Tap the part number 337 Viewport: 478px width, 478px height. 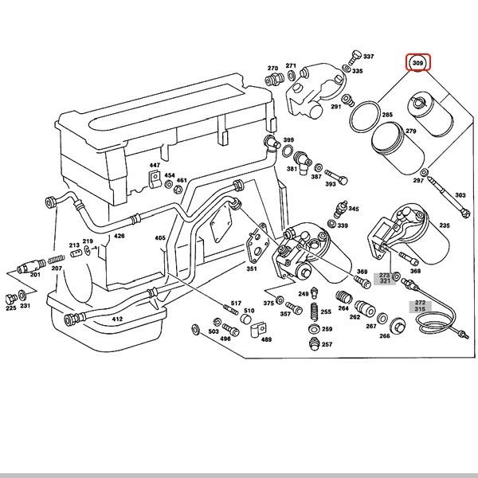click(x=368, y=57)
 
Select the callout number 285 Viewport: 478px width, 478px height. click(x=387, y=116)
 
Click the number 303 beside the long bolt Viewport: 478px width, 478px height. click(x=460, y=195)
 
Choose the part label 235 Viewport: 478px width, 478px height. click(x=444, y=226)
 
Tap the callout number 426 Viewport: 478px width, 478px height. click(x=119, y=237)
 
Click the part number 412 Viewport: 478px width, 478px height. click(x=117, y=319)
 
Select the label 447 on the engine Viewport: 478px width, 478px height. click(x=155, y=165)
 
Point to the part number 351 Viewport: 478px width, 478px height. click(x=252, y=268)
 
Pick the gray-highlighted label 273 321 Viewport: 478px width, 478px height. click(x=386, y=277)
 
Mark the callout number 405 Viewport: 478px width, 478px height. click(x=160, y=238)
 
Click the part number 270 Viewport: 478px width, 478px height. click(x=272, y=69)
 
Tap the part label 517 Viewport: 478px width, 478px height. click(x=236, y=304)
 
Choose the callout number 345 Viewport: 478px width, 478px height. click(x=353, y=208)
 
